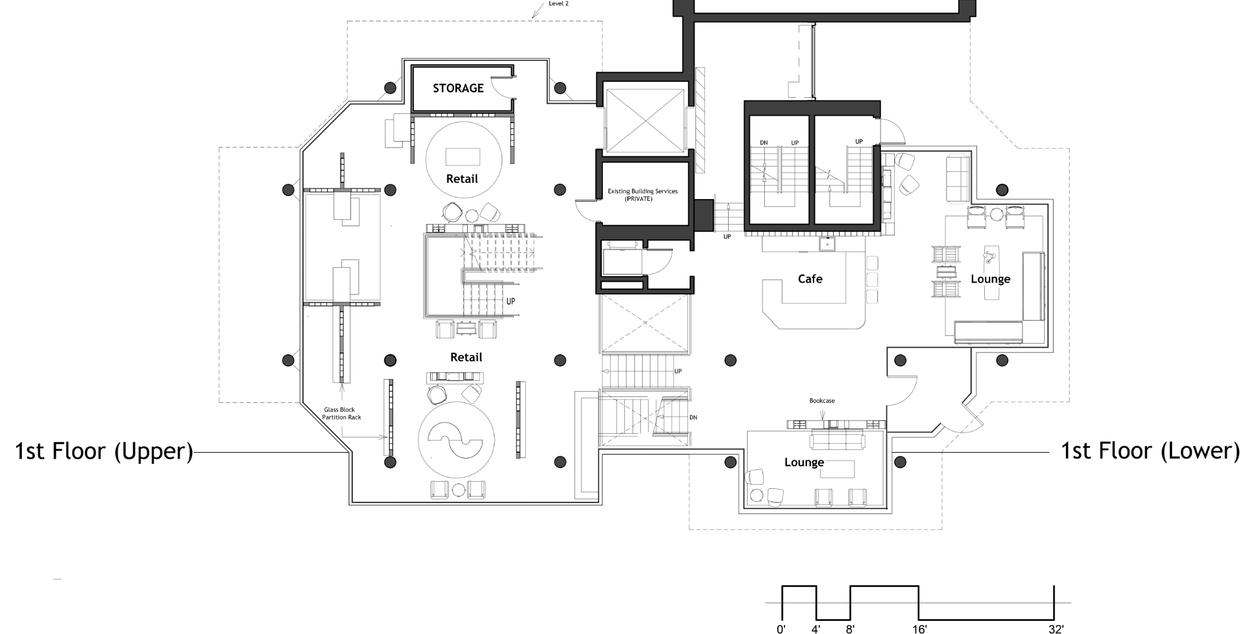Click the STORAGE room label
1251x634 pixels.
click(x=458, y=88)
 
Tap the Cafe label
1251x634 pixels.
click(x=810, y=278)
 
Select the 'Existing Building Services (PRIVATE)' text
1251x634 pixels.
click(x=643, y=195)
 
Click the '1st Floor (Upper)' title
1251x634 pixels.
click(x=104, y=452)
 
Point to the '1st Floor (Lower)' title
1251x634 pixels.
click(x=1150, y=452)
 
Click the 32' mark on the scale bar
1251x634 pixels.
click(x=1055, y=629)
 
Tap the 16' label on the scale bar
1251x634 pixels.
click(x=919, y=629)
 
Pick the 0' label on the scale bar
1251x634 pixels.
click(x=781, y=629)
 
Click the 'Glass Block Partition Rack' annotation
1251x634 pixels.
click(x=342, y=414)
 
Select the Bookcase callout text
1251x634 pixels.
click(x=822, y=401)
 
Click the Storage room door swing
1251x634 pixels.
click(x=503, y=89)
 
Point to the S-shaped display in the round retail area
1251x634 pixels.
click(x=456, y=441)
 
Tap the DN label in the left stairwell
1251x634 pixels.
click(x=764, y=143)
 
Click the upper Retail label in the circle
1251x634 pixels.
click(x=462, y=179)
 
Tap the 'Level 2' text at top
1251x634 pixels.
click(x=559, y=3)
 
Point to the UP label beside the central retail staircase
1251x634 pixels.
click(x=510, y=302)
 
